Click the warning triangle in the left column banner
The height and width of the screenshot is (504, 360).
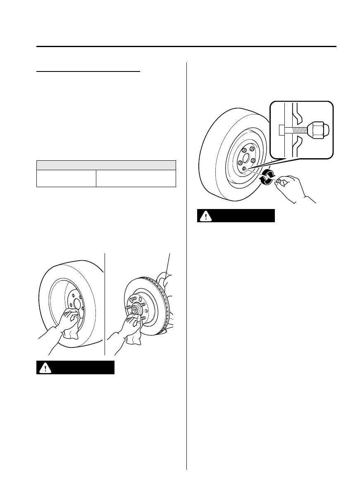point(44,368)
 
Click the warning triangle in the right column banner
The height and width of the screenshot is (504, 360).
point(205,216)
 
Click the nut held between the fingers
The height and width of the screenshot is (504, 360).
point(279,181)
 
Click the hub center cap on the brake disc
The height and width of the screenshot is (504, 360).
point(135,309)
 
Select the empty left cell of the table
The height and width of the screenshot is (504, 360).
point(66,178)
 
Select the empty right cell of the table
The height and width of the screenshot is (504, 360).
point(136,178)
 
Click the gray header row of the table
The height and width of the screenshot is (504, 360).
point(106,164)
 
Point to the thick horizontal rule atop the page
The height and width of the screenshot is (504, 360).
point(186,47)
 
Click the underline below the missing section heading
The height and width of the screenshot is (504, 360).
point(89,71)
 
